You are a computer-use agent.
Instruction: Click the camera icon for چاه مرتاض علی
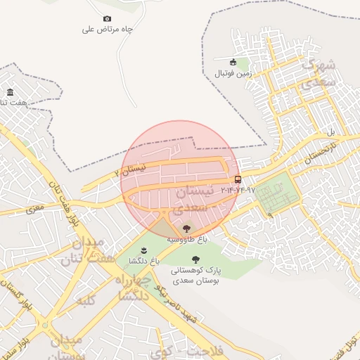[x=107, y=18]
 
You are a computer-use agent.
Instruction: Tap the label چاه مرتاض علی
[x=108, y=30]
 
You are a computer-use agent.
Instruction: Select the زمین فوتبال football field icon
[x=233, y=62]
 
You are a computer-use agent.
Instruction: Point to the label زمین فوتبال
[x=233, y=73]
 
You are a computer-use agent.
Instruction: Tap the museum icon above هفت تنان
[x=10, y=92]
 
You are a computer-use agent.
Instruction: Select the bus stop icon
[x=238, y=179]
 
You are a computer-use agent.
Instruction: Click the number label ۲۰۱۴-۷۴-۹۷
[x=238, y=191]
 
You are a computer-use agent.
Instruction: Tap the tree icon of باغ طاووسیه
[x=186, y=227]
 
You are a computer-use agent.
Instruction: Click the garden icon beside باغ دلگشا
[x=143, y=250]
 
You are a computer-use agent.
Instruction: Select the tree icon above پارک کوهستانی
[x=195, y=259]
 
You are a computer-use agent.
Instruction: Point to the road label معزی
[x=34, y=209]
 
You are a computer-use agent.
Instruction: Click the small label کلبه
[x=84, y=302]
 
